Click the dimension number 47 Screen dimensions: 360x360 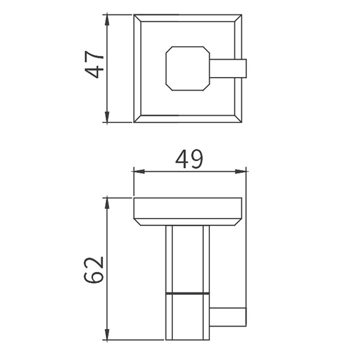click(95, 64)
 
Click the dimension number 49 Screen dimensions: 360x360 click(189, 159)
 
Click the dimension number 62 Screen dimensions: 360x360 click(94, 270)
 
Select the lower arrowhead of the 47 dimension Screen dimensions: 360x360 click(107, 117)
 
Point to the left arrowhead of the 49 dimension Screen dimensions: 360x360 click(139, 171)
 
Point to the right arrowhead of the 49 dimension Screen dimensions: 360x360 click(241, 171)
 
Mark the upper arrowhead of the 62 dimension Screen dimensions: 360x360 click(107, 203)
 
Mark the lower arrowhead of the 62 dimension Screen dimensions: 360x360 click(107, 334)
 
